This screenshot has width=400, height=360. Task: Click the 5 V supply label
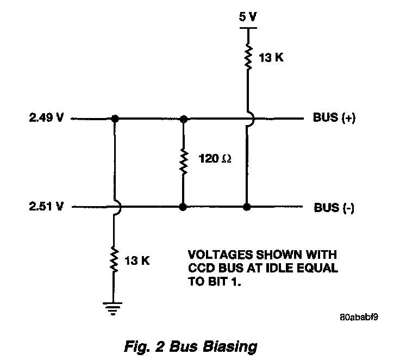point(248,16)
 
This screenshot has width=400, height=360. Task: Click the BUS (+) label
point(334,118)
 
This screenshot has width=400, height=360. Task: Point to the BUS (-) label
point(334,208)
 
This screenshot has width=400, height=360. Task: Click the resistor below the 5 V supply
point(248,57)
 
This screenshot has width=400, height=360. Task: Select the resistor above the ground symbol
point(115,259)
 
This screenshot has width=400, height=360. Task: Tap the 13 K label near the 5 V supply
point(271,57)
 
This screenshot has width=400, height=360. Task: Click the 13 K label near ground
point(137,260)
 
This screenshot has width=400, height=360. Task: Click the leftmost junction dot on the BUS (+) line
point(115,118)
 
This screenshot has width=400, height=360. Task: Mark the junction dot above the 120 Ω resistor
point(184,118)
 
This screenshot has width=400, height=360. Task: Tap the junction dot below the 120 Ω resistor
point(184,207)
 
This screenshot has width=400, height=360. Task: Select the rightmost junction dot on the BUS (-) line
point(248,207)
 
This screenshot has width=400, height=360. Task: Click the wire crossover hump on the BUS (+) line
point(249,118)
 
